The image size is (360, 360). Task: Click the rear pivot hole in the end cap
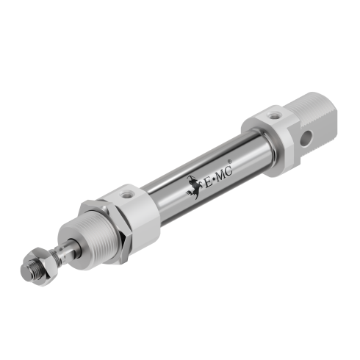(x=306, y=139)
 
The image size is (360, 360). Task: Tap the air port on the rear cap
(x=273, y=115)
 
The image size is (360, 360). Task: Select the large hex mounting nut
(x=105, y=232)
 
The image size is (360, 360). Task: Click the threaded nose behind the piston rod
(x=86, y=242)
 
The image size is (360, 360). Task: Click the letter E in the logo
(x=208, y=181)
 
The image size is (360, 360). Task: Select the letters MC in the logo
(x=225, y=173)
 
